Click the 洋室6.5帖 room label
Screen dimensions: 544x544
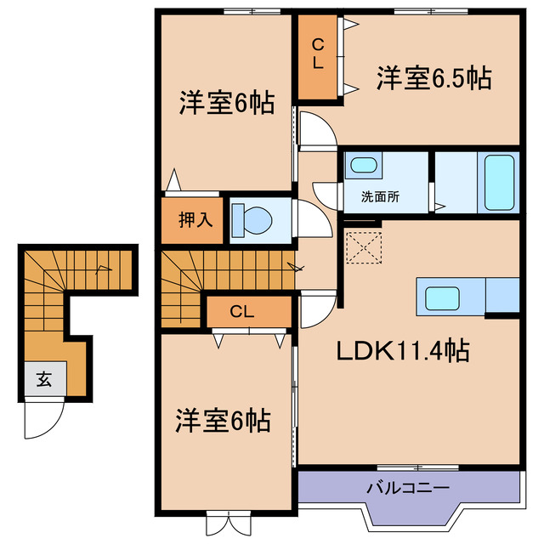(x=433, y=79)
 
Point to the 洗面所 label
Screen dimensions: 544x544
(x=380, y=196)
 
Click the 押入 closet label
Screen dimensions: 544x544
(x=195, y=219)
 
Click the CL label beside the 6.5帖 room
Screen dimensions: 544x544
(x=317, y=54)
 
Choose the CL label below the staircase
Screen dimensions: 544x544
(x=242, y=312)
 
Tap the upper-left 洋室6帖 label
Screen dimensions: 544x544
(x=225, y=104)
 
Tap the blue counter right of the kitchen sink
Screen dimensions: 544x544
(x=502, y=294)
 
